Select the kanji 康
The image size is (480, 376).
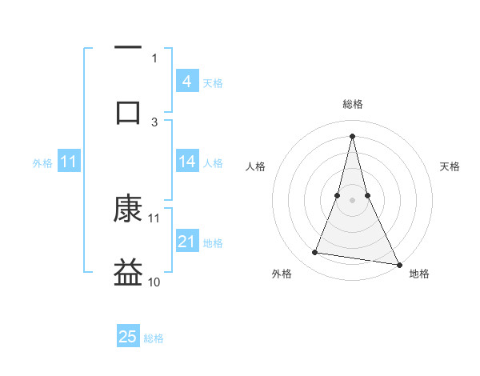(128, 210)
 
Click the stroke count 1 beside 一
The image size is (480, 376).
(154, 58)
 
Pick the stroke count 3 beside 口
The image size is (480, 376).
(154, 122)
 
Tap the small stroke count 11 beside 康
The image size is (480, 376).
(154, 218)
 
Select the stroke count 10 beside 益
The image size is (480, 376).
(154, 282)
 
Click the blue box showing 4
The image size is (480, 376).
(187, 82)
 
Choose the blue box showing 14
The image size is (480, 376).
(187, 162)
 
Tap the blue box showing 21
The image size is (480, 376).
(187, 242)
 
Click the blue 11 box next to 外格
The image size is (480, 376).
(69, 162)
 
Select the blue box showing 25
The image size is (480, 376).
(128, 337)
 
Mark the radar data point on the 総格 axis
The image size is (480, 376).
(352, 135)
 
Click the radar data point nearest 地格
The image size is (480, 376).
(398, 265)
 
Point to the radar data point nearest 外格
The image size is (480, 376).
(315, 253)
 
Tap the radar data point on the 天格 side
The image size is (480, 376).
(367, 195)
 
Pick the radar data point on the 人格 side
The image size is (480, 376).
(338, 195)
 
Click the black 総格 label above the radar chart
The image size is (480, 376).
(353, 104)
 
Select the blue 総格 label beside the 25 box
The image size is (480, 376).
(154, 338)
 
